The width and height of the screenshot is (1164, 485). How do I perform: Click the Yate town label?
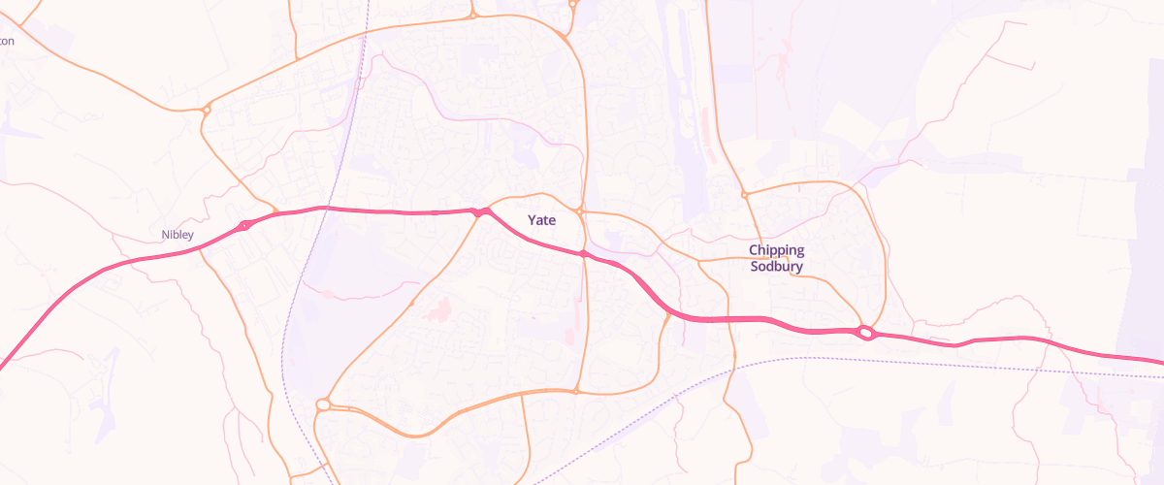(x=541, y=220)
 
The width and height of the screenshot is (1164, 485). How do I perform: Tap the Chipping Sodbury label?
(x=776, y=258)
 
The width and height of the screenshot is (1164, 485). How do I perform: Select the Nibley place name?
(x=178, y=235)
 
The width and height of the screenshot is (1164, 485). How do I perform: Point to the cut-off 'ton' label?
(x=7, y=41)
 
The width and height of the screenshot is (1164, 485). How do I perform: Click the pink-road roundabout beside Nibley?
(x=243, y=226)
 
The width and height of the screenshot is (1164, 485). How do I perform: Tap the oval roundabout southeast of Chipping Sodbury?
(x=865, y=333)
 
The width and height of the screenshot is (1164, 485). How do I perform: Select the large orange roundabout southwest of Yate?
(x=323, y=404)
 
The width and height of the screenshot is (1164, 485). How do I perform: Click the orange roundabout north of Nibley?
(x=206, y=110)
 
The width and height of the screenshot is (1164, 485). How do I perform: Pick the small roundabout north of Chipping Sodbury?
(x=744, y=194)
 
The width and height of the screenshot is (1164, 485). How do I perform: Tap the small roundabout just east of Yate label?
(x=579, y=210)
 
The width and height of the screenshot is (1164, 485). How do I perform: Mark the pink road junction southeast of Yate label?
(x=583, y=254)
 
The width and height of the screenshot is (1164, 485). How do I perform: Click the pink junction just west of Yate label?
(x=479, y=211)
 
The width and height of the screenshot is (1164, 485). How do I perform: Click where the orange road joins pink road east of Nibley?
(x=276, y=212)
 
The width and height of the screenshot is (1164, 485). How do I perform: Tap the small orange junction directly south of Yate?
(x=576, y=391)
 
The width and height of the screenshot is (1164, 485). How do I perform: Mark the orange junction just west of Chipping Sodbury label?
(x=697, y=260)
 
